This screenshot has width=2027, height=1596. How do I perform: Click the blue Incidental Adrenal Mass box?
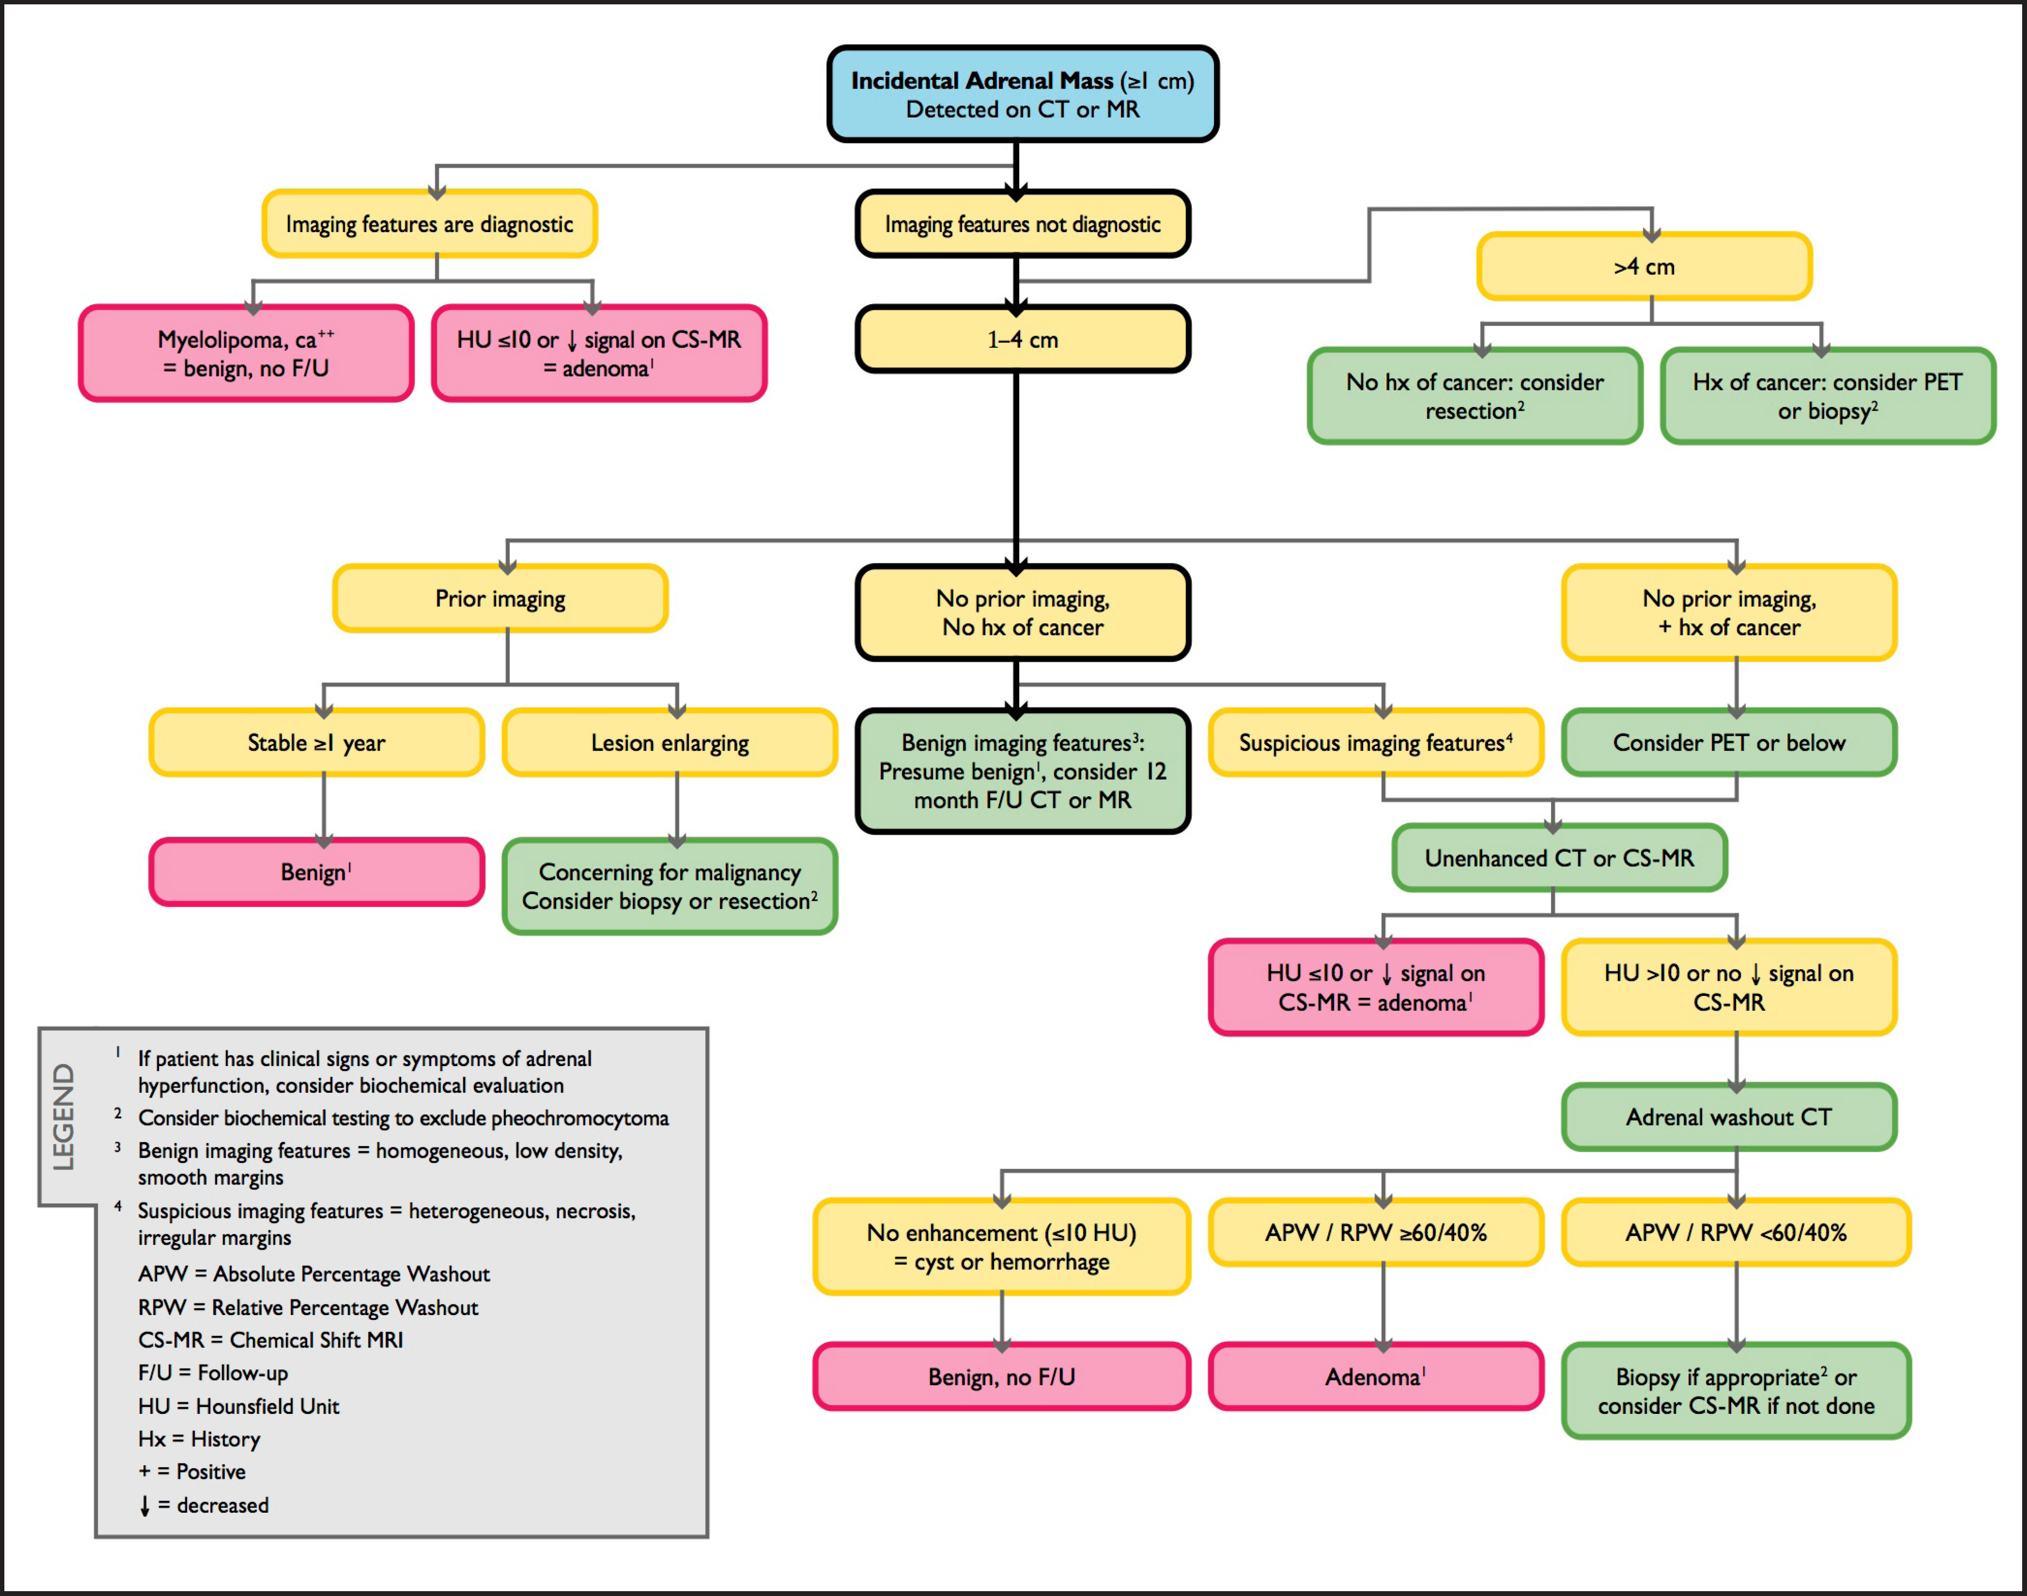click(x=1022, y=94)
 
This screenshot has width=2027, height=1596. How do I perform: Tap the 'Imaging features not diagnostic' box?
click(x=1022, y=224)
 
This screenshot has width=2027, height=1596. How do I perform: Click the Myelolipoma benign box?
click(x=246, y=353)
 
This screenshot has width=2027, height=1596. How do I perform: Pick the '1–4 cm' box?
click(x=1022, y=339)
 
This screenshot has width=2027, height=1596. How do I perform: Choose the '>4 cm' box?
click(x=1644, y=266)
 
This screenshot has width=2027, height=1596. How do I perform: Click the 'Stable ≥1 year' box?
click(x=317, y=743)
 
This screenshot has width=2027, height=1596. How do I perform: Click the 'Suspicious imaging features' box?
click(x=1376, y=743)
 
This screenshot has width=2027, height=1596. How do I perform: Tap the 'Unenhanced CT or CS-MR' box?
click(x=1559, y=858)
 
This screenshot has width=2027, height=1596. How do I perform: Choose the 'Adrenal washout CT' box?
click(x=1729, y=1116)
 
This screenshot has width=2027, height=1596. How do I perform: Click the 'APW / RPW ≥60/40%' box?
click(x=1376, y=1233)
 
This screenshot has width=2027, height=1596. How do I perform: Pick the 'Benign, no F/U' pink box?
click(x=1002, y=1377)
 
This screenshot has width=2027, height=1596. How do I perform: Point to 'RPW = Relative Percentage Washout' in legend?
click(x=309, y=1307)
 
